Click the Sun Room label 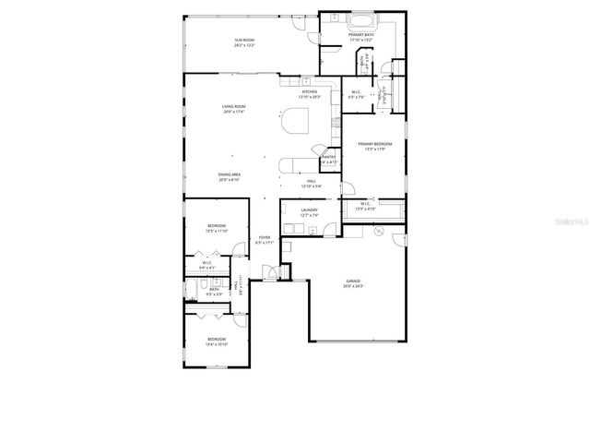(243, 41)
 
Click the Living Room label (233, 108)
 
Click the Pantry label (329, 158)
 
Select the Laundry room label (309, 210)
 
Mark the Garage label (354, 281)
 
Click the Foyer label (265, 238)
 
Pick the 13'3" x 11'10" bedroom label (216, 227)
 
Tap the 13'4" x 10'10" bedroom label (216, 341)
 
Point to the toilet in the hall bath (202, 282)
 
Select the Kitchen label (310, 92)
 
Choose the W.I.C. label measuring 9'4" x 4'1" (206, 265)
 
